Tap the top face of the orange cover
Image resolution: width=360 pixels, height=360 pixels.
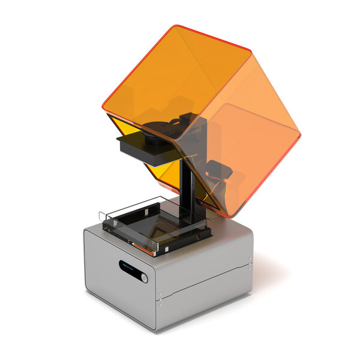180,78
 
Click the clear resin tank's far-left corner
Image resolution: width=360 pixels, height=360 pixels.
100,212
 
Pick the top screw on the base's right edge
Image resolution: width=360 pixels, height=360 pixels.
250,260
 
